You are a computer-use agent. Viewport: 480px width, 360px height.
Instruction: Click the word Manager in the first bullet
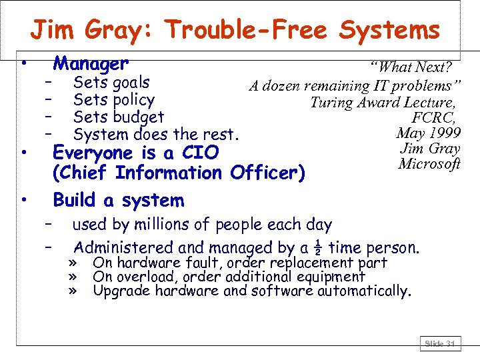pyautogui.click(x=91, y=64)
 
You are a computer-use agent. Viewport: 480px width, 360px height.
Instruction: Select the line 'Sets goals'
pyautogui.click(x=111, y=83)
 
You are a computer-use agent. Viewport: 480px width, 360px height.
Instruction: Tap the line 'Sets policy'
pyautogui.click(x=114, y=101)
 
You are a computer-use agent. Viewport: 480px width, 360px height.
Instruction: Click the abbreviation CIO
pyautogui.click(x=200, y=153)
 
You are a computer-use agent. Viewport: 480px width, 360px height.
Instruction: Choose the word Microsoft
pyautogui.click(x=429, y=163)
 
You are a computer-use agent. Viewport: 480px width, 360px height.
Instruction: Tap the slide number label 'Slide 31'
pyautogui.click(x=439, y=344)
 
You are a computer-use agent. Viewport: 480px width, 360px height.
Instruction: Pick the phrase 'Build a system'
pyautogui.click(x=118, y=200)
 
